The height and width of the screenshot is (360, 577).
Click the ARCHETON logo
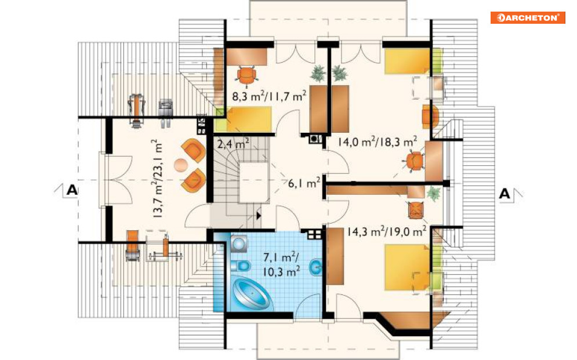coord(528,17)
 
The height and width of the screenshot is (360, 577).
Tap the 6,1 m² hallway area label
coord(304,183)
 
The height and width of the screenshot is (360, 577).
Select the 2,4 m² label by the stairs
coord(233,143)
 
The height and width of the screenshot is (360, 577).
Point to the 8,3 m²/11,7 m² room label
coord(269,96)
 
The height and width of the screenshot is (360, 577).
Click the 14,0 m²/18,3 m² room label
coord(378,141)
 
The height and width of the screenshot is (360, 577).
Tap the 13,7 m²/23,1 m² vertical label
coord(157,179)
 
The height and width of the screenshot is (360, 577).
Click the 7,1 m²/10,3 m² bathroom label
coord(281,264)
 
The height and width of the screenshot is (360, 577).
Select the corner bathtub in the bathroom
coord(252,293)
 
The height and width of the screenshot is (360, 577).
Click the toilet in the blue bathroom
coord(242,265)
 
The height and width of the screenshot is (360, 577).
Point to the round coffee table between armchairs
coord(181,165)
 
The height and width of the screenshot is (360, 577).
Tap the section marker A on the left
coord(72,190)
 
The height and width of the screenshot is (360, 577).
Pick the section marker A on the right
coord(505,194)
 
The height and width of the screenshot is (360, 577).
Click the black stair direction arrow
coord(258,215)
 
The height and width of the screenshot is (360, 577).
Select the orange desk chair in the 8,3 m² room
coord(246,75)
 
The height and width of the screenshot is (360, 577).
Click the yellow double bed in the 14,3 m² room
coord(407,267)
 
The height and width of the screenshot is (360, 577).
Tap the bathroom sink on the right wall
coord(315,268)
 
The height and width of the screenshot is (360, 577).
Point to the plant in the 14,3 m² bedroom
coord(434,194)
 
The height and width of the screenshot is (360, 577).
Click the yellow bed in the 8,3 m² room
coord(249,119)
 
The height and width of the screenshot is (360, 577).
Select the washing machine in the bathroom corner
coord(239,243)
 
